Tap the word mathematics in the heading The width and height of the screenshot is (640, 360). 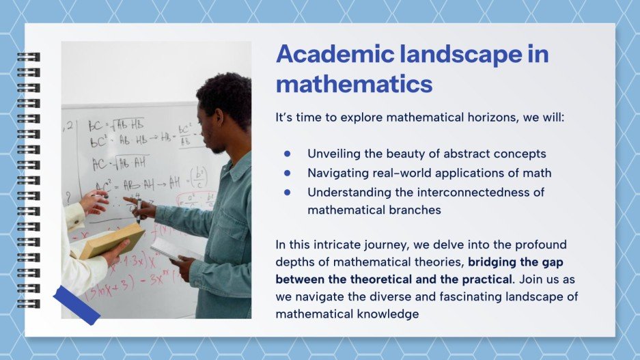[354, 84]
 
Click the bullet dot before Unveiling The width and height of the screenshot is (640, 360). [288, 154]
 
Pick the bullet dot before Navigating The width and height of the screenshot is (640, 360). [288, 173]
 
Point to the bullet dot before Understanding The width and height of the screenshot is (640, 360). [288, 192]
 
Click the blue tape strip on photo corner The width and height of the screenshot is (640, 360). [76, 305]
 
